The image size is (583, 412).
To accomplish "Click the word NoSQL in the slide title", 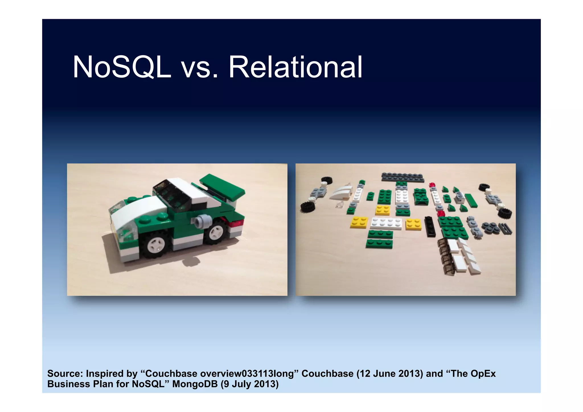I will point(122,67).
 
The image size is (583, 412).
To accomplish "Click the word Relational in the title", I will point(295,67).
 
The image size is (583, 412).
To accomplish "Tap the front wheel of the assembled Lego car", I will point(155,244).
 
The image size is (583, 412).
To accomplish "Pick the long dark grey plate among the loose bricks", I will point(403,177).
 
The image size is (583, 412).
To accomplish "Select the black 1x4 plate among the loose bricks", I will point(430,227).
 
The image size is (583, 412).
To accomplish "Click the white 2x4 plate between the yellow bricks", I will point(387,224).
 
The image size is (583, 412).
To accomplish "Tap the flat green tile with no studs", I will point(471,200).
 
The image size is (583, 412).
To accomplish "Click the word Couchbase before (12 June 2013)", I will point(327,374).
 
